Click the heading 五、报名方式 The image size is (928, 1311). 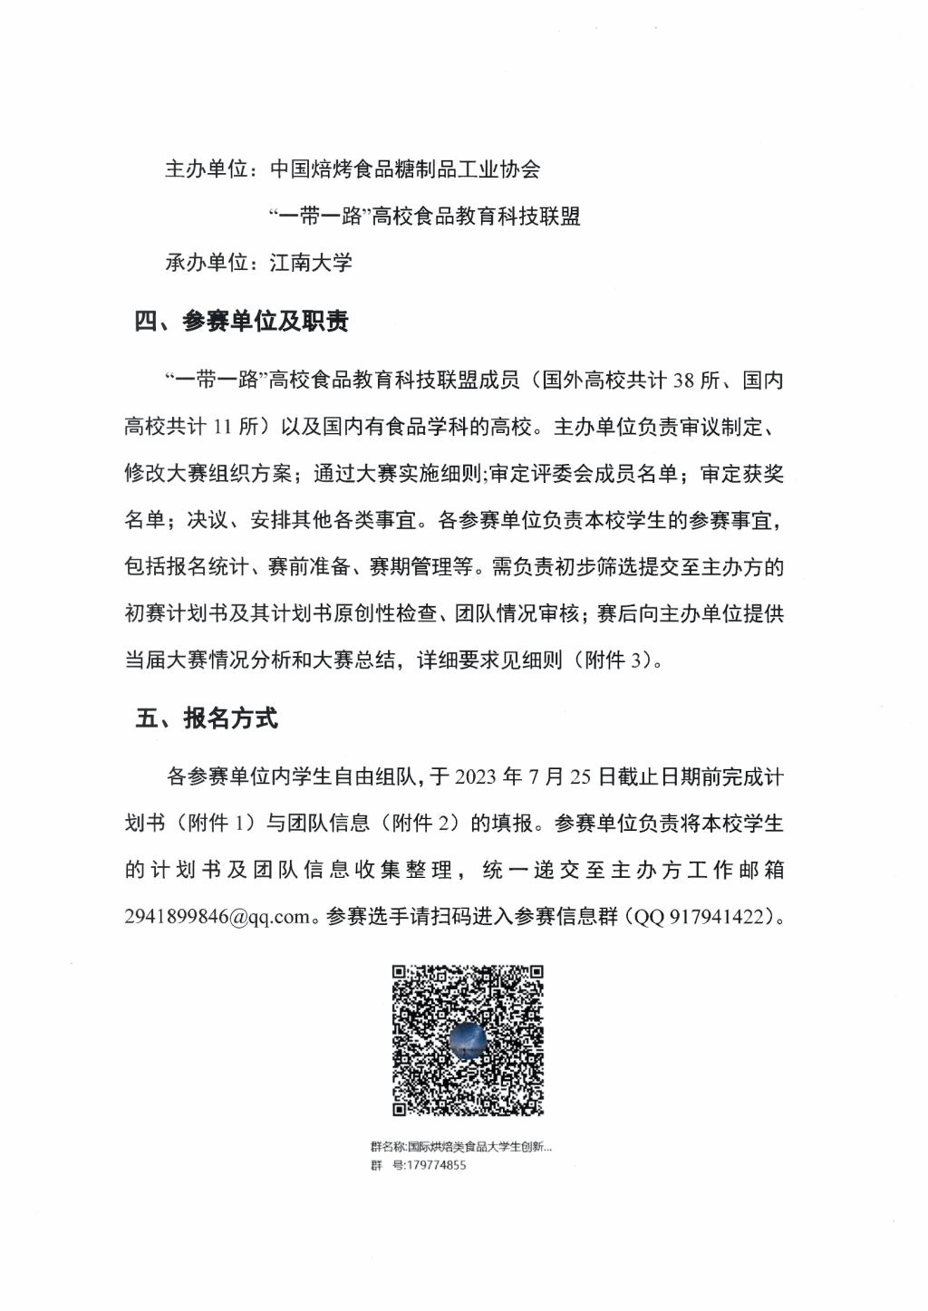point(206,718)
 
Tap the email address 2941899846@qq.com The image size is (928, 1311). point(217,917)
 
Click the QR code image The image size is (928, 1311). point(468,1040)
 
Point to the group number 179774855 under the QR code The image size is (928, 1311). point(431,1165)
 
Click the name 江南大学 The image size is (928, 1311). point(311,263)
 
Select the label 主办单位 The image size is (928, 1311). point(206,169)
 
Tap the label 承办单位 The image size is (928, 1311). point(206,263)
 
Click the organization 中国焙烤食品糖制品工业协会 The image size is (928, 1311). point(405,169)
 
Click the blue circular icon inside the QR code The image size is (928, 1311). point(469,1038)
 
